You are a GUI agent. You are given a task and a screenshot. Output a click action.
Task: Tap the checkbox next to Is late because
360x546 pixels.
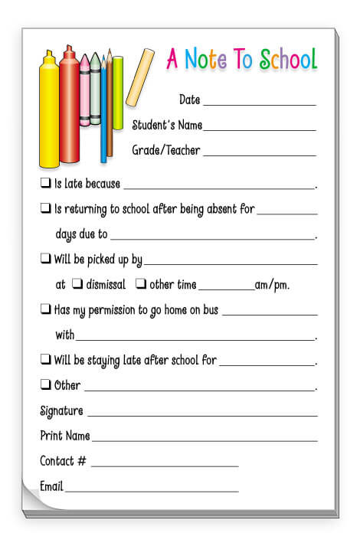[x=45, y=183]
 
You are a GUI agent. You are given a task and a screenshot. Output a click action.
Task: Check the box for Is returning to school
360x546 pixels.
[x=45, y=208]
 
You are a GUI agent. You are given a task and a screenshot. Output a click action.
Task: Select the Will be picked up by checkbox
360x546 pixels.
[x=45, y=259]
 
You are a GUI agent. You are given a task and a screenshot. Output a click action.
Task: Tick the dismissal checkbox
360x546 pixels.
[x=77, y=284]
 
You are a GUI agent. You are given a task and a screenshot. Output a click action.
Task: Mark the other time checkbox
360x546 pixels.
[x=140, y=284]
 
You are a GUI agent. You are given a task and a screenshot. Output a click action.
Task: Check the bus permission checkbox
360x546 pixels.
[x=45, y=309]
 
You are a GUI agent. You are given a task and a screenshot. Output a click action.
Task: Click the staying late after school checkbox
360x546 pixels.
[x=45, y=360]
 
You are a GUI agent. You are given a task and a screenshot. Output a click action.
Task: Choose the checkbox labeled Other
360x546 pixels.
[x=45, y=384]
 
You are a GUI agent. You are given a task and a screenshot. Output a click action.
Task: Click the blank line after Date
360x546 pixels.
[x=259, y=103]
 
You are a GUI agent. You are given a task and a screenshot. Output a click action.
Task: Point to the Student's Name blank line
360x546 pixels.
[x=259, y=129]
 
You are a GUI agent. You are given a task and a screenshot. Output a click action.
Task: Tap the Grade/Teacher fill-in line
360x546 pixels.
[x=259, y=154]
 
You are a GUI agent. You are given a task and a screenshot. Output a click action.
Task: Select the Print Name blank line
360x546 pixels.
[x=204, y=440]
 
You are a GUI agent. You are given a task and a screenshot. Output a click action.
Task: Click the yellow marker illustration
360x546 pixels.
[x=48, y=111]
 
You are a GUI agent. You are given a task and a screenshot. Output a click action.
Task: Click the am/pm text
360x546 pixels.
[x=272, y=285]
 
